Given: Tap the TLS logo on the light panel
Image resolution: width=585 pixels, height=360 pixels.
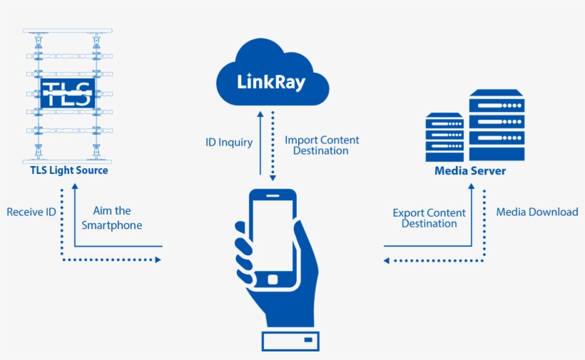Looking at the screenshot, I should coord(67,93).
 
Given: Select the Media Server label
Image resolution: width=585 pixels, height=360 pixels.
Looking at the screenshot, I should coord(470,171).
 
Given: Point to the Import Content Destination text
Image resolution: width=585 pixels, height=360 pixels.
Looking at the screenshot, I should coord(322,145).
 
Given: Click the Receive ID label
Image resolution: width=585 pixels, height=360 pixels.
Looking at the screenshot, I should coord(32,212).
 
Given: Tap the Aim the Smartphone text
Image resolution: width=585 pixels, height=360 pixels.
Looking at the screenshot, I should coord(112,218).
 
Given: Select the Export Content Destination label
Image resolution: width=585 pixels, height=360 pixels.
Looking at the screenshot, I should coord(429,218).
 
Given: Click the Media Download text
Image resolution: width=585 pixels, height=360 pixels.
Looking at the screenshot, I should coord(536,212).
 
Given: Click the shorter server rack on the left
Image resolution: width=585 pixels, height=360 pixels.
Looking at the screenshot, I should coord(444,138).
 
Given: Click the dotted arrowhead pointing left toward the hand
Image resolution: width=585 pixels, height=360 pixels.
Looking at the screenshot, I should coord(386,260).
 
